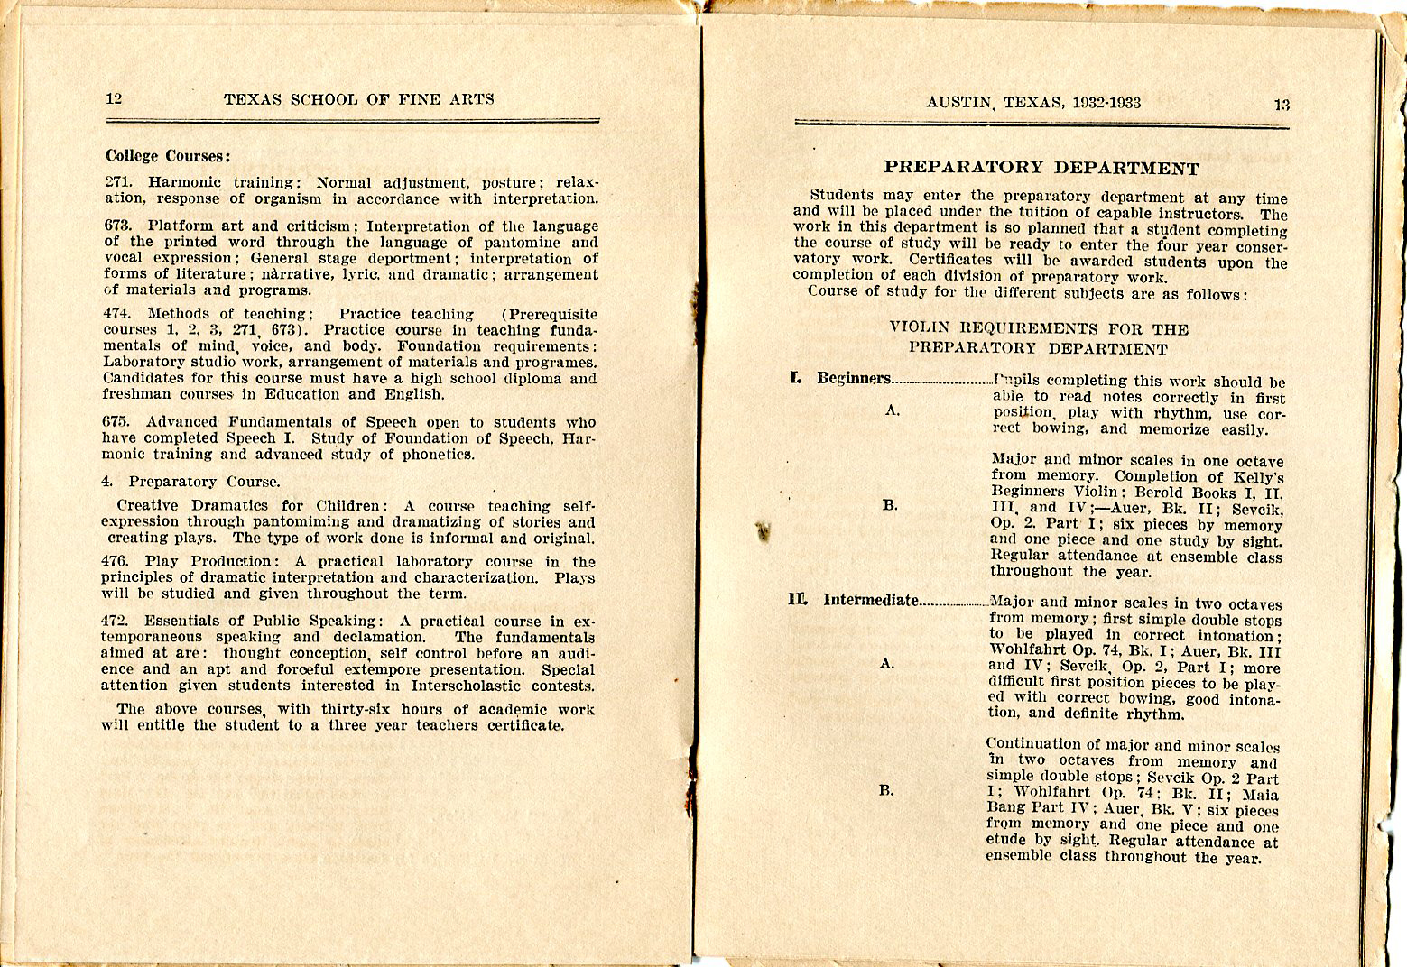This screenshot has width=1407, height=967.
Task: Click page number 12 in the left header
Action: (x=114, y=98)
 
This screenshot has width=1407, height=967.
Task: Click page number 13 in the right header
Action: (x=1282, y=105)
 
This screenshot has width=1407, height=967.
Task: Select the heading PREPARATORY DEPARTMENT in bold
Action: (x=1041, y=168)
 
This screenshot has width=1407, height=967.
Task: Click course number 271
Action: (x=118, y=182)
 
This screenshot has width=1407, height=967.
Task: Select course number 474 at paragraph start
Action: (x=118, y=314)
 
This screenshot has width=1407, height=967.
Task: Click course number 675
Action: (x=118, y=422)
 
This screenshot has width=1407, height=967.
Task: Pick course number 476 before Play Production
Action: (x=118, y=561)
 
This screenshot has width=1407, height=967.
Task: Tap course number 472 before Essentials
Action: (x=118, y=621)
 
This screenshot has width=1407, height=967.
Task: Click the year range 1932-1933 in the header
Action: (x=1107, y=102)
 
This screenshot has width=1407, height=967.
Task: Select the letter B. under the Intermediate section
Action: (x=887, y=790)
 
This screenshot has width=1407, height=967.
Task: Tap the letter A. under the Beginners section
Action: (x=893, y=410)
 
